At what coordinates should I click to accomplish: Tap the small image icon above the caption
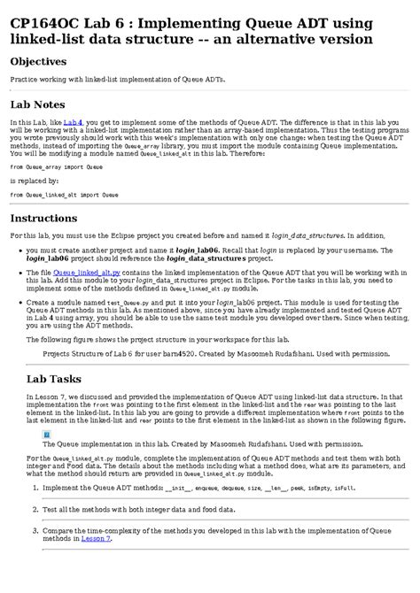(x=48, y=435)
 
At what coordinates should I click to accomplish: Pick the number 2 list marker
(x=34, y=510)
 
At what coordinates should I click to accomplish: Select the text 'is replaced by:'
(x=35, y=180)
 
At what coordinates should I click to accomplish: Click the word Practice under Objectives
(x=24, y=79)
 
